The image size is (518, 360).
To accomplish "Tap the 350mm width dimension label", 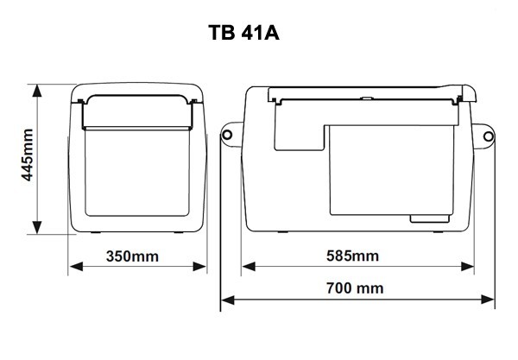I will [x=138, y=257].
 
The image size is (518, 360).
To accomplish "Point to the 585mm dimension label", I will [x=354, y=257].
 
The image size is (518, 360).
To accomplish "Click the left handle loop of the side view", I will [x=230, y=136].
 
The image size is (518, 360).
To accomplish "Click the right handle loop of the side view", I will [x=488, y=136].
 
